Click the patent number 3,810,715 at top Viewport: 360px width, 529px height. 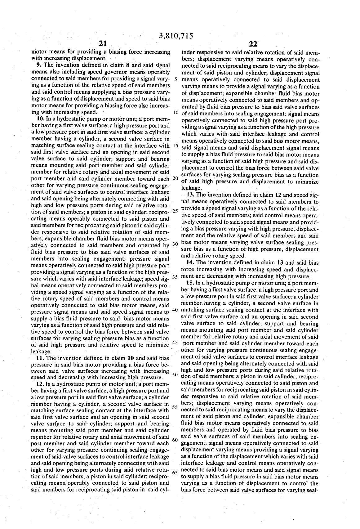[176, 36]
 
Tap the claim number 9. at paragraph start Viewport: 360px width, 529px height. [39, 65]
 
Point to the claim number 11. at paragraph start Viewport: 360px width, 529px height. [41, 358]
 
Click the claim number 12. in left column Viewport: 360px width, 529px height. [41, 384]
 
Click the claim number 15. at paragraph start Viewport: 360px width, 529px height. [191, 283]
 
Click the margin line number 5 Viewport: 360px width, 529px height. [175, 79]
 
